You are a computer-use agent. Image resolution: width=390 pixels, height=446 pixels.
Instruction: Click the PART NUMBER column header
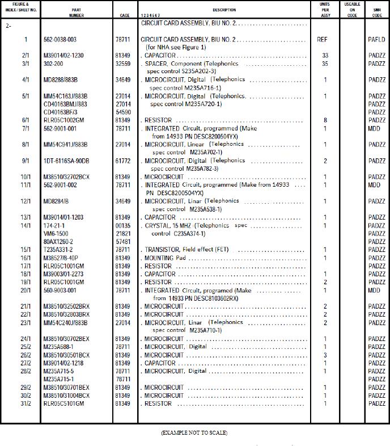pyautogui.click(x=77, y=12)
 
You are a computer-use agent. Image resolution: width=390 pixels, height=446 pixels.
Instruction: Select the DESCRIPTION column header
pyautogui.click(x=224, y=10)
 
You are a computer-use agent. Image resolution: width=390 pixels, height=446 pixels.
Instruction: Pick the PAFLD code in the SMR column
pyautogui.click(x=376, y=40)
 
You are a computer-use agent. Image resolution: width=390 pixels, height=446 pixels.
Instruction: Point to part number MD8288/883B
pyautogui.click(x=61, y=80)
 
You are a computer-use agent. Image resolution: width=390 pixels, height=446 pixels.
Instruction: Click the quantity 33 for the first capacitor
pyautogui.click(x=325, y=56)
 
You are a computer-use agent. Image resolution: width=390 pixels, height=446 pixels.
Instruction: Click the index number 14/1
pyautogui.click(x=26, y=226)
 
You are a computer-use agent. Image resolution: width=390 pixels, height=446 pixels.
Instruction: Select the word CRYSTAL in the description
pyautogui.click(x=158, y=226)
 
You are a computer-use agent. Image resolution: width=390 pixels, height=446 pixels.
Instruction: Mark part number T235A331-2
pyautogui.click(x=59, y=250)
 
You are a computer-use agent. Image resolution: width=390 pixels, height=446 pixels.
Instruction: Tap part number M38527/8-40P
pyautogui.click(x=62, y=258)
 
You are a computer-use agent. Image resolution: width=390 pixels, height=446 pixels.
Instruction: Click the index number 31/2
pyautogui.click(x=26, y=403)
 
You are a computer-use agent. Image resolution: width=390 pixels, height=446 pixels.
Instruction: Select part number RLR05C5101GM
pyautogui.click(x=63, y=403)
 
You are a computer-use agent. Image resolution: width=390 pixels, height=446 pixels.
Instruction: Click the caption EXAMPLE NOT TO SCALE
pyautogui.click(x=194, y=433)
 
